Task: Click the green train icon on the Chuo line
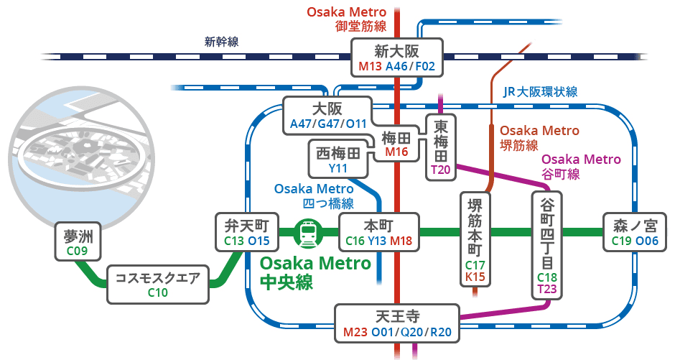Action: [309, 233]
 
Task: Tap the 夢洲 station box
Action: [78, 241]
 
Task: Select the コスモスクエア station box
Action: [158, 285]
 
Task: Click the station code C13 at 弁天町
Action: [234, 241]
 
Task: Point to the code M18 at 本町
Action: [401, 241]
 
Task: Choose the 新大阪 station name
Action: [396, 51]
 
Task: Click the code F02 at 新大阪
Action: [425, 66]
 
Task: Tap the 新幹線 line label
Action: [221, 42]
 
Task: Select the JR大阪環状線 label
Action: [540, 92]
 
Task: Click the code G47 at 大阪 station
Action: [328, 124]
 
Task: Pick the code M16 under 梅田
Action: [396, 152]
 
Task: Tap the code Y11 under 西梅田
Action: [338, 168]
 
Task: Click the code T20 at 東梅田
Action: [440, 170]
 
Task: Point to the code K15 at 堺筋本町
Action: [475, 277]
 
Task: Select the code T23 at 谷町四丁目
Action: [546, 289]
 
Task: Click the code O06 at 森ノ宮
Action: [647, 241]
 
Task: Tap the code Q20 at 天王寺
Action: [412, 332]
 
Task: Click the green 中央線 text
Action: [287, 282]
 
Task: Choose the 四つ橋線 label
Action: [328, 203]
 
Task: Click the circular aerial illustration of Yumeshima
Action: [76, 154]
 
